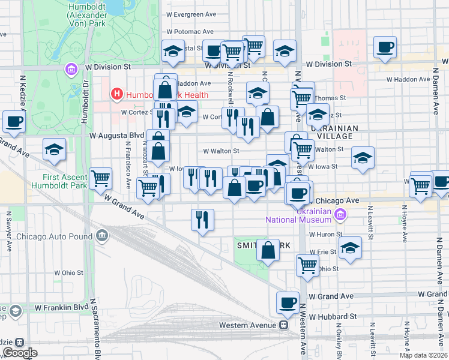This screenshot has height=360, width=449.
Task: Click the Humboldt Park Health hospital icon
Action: coord(116,94)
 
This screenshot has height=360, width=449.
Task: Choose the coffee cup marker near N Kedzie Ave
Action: coord(14,122)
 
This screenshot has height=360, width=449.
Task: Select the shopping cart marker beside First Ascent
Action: coord(100,178)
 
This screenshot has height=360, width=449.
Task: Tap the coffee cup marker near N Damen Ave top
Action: coord(384,47)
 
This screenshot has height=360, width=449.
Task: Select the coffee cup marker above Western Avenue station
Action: coord(288,303)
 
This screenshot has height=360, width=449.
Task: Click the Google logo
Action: coord(20,353)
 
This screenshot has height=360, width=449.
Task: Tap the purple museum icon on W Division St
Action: coord(71,70)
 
